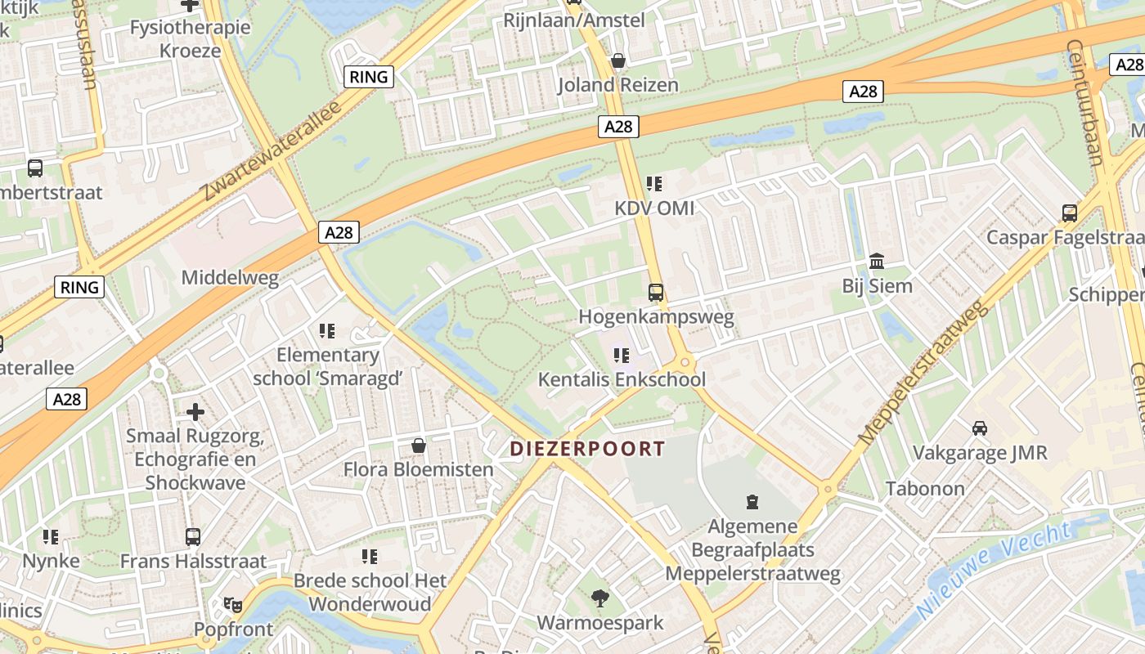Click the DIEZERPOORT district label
tap(587, 449)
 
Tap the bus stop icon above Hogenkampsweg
tap(655, 292)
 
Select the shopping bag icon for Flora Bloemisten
tap(418, 446)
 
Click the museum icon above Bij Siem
tap(877, 262)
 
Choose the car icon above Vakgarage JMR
tap(979, 428)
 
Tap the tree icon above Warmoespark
tap(600, 598)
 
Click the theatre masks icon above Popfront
tap(233, 605)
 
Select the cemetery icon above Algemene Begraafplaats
tap(752, 501)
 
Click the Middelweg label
tap(230, 277)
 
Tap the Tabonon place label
tap(925, 489)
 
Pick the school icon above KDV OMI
tap(653, 183)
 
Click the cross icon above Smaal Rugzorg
tap(195, 411)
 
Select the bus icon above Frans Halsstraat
tap(193, 536)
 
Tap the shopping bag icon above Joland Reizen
tap(618, 60)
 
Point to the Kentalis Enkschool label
tap(622, 380)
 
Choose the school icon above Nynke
tap(51, 536)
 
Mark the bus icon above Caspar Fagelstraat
tap(1069, 213)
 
